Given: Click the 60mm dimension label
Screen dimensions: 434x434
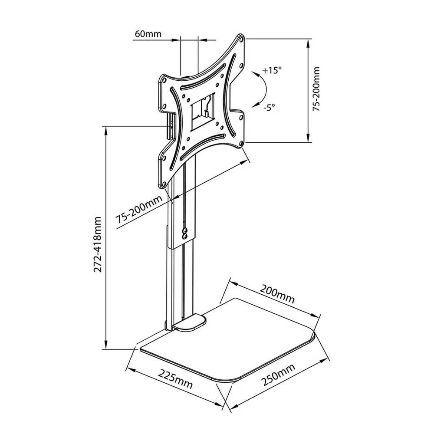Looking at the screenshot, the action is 148,34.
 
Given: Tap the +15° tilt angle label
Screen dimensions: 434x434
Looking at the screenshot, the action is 272,70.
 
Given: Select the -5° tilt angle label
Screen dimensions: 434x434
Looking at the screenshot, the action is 269,107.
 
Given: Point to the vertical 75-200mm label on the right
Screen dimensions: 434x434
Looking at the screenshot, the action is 316,89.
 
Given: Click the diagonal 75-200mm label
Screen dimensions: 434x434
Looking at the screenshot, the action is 139,210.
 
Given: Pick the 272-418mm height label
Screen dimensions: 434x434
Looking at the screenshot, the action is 98,244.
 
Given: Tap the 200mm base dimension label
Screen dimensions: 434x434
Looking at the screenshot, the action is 277,294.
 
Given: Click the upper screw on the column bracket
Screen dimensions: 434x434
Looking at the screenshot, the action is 185,230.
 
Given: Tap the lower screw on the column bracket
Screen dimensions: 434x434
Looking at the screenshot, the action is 185,236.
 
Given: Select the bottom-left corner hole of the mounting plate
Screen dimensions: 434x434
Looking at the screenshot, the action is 164,184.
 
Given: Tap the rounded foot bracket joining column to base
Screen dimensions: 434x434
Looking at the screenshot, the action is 189,323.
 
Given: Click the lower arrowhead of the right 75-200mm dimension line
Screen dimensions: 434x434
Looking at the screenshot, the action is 308,138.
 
